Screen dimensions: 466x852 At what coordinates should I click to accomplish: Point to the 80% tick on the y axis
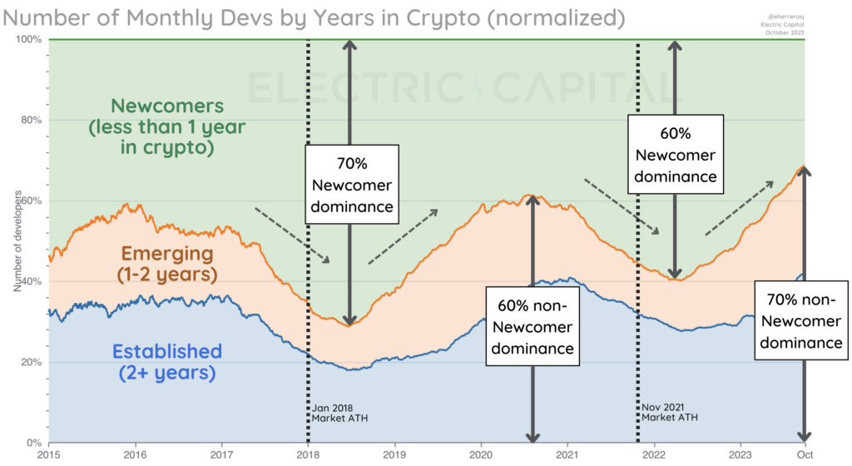coord(32,120)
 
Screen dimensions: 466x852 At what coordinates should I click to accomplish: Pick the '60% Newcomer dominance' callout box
coord(675,154)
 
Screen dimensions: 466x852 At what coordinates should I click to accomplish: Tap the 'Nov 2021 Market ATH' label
coord(669,412)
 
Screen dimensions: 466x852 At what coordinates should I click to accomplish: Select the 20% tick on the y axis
coord(32,362)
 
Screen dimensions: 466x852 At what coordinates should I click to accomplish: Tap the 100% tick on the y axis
coord(29,39)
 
